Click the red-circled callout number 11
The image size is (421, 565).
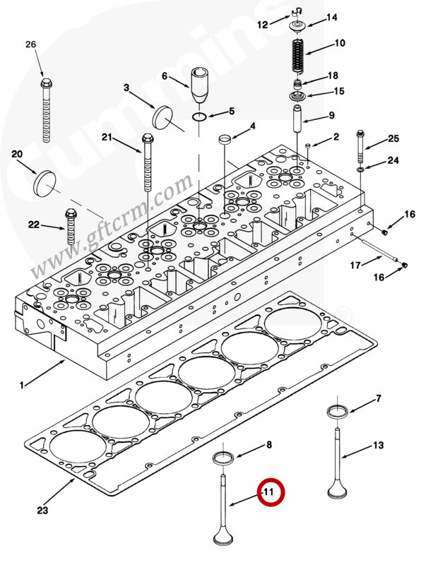coord(269,492)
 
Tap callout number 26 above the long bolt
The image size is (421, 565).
coord(31,44)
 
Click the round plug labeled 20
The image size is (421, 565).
coord(45,182)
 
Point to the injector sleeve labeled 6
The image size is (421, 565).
coord(199,85)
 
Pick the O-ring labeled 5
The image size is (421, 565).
coord(199,117)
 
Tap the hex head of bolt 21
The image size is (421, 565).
coord(148,138)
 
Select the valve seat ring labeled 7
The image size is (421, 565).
coord(338,412)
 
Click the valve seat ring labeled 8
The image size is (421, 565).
coord(223,458)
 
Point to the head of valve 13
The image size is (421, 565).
coord(338,490)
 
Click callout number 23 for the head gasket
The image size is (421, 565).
coord(42,510)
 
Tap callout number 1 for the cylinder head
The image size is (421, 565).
coord(22,385)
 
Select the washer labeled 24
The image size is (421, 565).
coord(360,169)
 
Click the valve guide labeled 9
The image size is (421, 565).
coord(297,119)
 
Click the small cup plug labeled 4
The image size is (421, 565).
coord(225,139)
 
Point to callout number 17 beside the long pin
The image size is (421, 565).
coord(355,266)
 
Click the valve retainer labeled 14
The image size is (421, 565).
coord(297,27)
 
